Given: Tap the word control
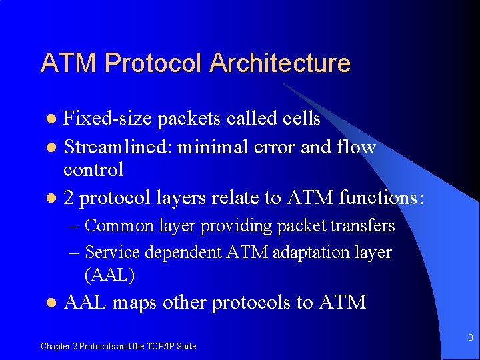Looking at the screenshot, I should [x=93, y=169].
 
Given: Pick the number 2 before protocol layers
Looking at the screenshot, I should [x=69, y=197].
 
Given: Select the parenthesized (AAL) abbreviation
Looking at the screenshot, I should [x=110, y=274].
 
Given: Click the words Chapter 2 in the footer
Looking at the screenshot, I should [x=58, y=347].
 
